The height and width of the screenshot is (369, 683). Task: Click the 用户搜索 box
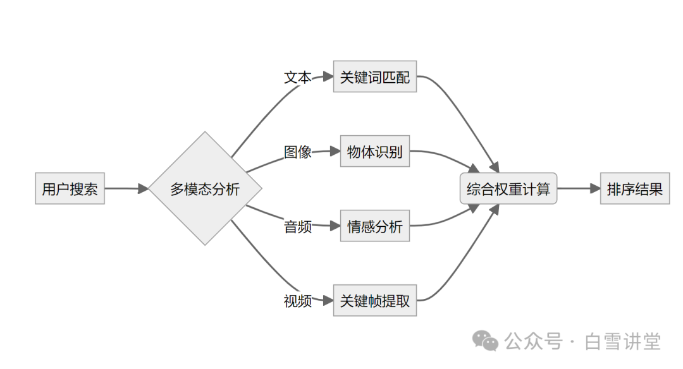click(x=70, y=188)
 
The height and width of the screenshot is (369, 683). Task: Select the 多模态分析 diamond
click(x=205, y=188)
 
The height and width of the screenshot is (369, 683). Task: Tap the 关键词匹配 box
click(x=374, y=77)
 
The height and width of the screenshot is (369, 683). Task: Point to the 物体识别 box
click(x=374, y=152)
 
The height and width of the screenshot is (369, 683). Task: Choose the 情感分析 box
click(x=374, y=226)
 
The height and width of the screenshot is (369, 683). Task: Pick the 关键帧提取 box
click(x=374, y=301)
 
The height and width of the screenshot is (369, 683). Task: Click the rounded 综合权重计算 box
click(x=508, y=188)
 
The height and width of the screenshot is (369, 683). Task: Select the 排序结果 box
click(x=634, y=188)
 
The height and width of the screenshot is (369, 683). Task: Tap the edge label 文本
click(x=297, y=78)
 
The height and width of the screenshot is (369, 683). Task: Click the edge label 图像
click(x=297, y=152)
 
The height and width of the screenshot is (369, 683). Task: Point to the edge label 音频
click(x=297, y=227)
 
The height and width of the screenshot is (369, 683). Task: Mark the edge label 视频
click(x=297, y=301)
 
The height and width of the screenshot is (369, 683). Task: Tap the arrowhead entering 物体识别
click(x=335, y=151)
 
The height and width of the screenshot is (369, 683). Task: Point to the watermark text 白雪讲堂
click(x=622, y=342)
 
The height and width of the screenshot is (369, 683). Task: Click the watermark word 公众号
click(x=533, y=342)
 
